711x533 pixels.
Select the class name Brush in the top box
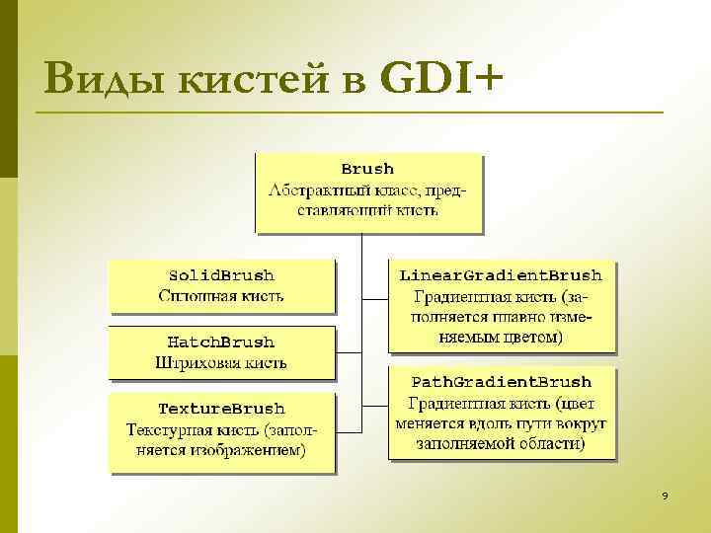(367, 169)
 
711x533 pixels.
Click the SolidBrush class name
(221, 275)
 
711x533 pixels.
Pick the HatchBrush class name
(221, 343)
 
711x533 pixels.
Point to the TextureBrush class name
(221, 409)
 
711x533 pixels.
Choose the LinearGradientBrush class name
(501, 275)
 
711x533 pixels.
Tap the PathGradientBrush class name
(501, 382)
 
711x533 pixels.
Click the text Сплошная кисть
(221, 295)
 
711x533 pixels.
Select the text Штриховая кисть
(221, 362)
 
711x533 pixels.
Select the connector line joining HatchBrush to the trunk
(350, 351)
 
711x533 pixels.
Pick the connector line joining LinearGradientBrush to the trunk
(376, 296)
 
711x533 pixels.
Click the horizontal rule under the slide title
(346, 113)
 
